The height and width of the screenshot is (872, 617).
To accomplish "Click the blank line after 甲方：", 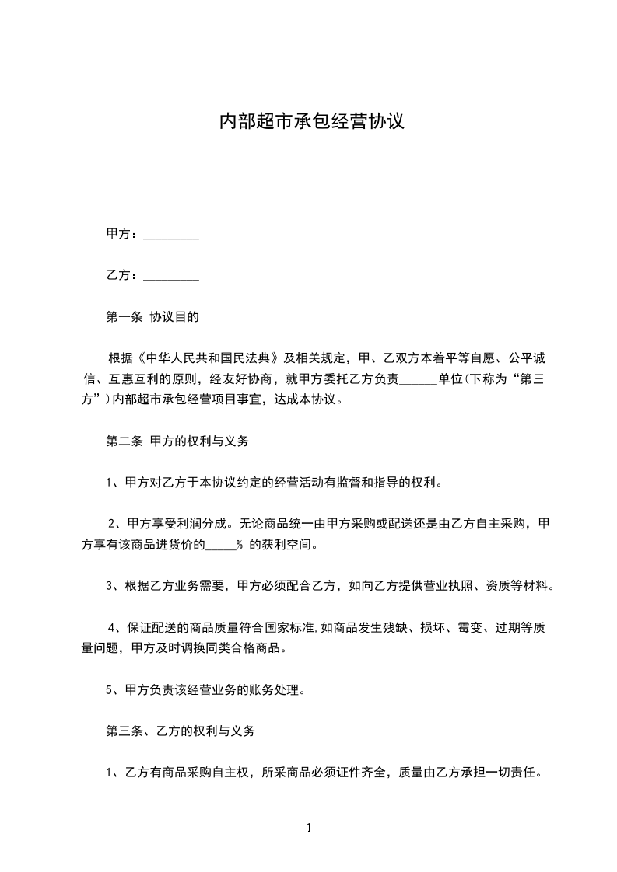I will pos(172,234).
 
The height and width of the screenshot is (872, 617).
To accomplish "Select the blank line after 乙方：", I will pos(172,275).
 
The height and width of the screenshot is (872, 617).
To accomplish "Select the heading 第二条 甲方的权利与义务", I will pos(177,441).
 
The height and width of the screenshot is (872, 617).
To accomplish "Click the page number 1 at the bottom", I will pos(309,828).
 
